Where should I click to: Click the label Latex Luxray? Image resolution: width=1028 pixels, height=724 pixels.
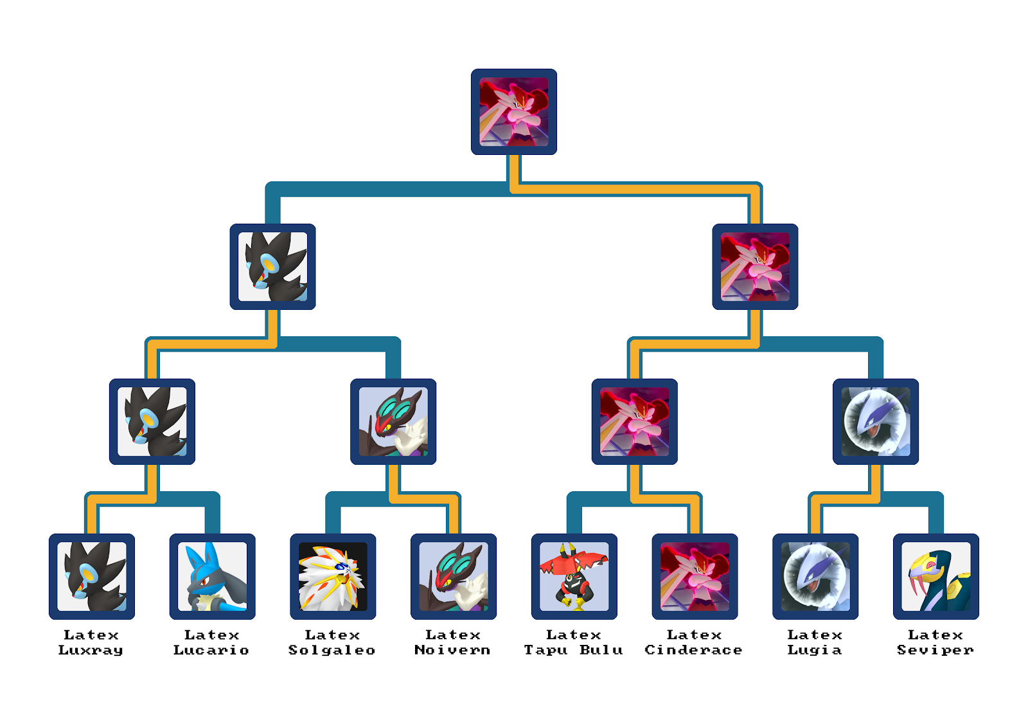pos(91,642)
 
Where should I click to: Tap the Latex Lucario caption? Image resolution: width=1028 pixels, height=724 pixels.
pos(211,642)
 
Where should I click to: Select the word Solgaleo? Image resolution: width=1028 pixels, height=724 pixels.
pos(332,650)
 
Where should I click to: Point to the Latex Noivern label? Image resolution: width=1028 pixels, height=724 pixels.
pos(452,642)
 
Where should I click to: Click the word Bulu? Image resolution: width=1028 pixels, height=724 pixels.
pos(601,650)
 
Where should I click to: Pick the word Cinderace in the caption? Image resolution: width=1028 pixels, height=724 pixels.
pos(693,650)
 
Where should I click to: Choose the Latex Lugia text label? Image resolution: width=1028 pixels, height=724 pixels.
pos(815,642)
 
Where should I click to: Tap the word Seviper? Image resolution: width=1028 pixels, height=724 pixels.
pos(935,650)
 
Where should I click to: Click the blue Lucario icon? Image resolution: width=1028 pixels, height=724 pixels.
pos(212,576)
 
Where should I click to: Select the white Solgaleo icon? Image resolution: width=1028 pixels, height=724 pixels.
pos(333,576)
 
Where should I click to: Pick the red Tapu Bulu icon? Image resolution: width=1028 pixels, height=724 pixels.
pos(574,576)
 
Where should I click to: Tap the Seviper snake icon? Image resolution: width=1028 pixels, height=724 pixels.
pos(935,576)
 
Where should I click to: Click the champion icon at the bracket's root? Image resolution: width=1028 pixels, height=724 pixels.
pos(513,112)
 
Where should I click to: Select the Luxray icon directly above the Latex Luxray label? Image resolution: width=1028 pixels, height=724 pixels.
pos(92,576)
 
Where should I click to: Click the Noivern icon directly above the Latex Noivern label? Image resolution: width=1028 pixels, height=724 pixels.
pos(453,576)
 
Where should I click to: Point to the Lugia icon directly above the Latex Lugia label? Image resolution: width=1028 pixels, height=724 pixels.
pos(815,576)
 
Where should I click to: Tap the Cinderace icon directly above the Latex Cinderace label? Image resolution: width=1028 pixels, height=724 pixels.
pos(695,576)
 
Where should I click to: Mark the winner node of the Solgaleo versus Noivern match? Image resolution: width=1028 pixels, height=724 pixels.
pos(393,421)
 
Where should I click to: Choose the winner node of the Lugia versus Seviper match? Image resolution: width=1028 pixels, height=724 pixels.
pos(875,421)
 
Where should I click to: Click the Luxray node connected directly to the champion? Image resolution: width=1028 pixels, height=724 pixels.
pos(272,266)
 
